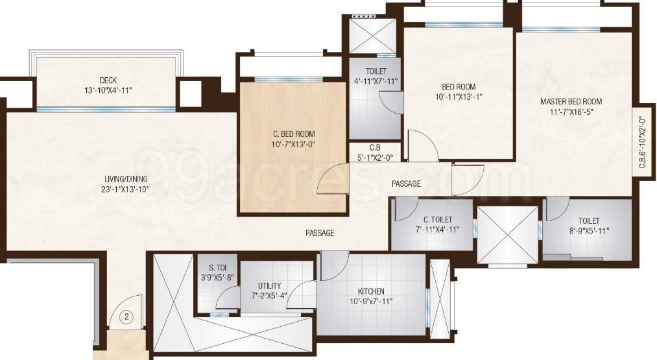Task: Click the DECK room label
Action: [108, 80]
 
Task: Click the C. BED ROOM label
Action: [293, 134]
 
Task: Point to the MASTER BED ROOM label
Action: [571, 101]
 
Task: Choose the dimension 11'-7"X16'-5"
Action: [571, 112]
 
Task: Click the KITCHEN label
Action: [371, 291]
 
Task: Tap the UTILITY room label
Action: [269, 285]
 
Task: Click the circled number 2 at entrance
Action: [128, 317]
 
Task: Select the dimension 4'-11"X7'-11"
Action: [376, 81]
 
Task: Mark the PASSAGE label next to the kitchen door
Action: [320, 233]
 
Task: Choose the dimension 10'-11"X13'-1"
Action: [459, 97]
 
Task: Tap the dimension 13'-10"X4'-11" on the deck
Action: [108, 90]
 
